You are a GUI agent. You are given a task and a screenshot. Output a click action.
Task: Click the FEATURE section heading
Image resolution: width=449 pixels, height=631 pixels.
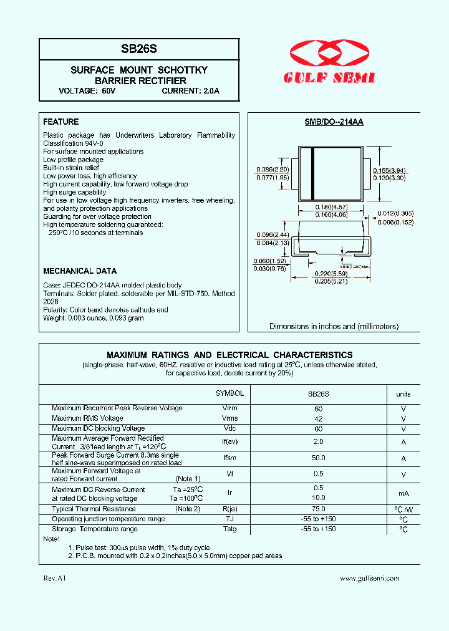[61, 122]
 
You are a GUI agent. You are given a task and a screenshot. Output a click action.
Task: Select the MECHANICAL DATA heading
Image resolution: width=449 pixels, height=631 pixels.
[80, 271]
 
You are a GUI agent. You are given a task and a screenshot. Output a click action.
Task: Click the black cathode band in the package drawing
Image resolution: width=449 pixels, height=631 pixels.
[312, 173]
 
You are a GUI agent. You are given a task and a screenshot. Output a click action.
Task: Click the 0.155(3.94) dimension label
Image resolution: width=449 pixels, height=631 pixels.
[389, 170]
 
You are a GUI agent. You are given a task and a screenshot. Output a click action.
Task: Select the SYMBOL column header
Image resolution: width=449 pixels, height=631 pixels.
[229, 394]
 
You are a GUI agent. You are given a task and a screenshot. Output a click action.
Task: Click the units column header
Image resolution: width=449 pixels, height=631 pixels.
[403, 394]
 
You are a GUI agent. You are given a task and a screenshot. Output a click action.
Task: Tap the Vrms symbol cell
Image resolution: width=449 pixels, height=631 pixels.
[229, 418]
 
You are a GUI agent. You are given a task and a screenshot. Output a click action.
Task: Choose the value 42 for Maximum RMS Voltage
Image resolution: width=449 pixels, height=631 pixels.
[318, 418]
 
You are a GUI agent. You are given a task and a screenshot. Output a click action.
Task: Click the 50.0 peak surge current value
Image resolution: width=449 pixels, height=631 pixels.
[318, 458]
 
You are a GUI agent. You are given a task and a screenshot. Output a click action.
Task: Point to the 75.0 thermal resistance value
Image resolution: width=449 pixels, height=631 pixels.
[318, 509]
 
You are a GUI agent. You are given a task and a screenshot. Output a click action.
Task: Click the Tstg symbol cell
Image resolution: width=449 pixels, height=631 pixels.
[229, 529]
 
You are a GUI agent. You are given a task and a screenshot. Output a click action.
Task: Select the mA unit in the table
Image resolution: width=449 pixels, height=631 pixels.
[403, 493]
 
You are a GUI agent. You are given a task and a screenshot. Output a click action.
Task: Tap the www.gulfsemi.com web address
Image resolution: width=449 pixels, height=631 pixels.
[369, 579]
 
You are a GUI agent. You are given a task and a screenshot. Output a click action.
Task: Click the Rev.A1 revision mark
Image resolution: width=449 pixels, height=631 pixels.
[54, 579]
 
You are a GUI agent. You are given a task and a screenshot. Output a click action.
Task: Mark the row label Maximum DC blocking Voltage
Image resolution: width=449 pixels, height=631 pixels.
[99, 428]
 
